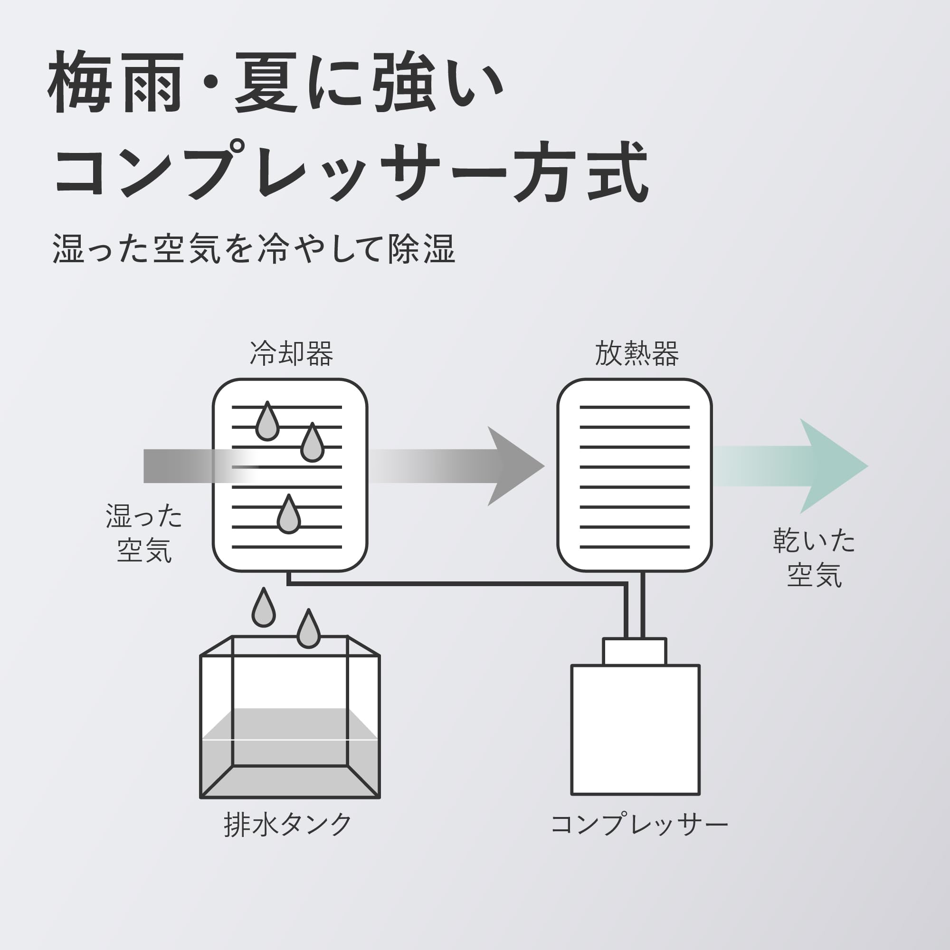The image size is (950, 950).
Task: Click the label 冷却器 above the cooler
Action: click(x=292, y=353)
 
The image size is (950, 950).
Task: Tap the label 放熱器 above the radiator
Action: click(x=637, y=353)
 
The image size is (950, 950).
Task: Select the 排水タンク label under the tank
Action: click(x=288, y=825)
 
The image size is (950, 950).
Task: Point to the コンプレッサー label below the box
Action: click(x=639, y=825)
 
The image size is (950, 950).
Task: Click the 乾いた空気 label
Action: click(x=814, y=558)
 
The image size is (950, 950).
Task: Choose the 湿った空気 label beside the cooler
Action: click(x=144, y=533)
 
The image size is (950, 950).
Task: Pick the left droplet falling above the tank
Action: click(x=264, y=610)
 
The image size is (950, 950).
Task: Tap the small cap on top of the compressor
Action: click(x=634, y=652)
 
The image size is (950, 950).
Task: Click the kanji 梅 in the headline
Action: click(x=80, y=82)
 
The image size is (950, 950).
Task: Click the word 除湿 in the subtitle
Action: click(x=421, y=249)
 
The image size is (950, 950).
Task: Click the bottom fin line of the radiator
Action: click(x=634, y=547)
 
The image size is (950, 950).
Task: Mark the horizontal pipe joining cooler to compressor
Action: click(x=457, y=584)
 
